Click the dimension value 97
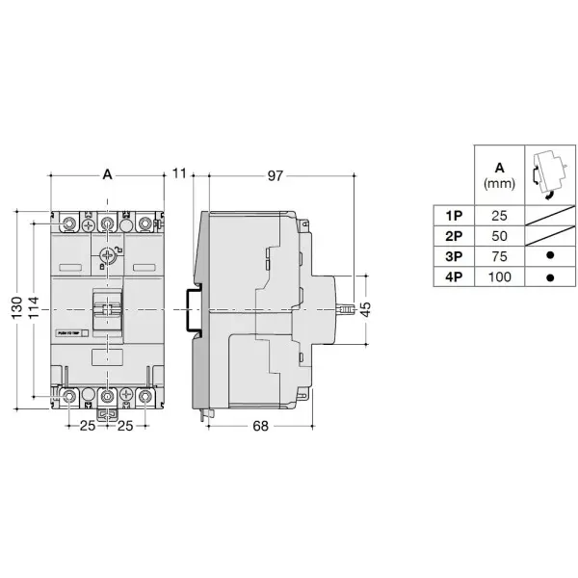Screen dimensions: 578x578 point(275,174)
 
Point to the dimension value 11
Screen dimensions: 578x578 point(178,174)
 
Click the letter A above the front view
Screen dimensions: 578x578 point(107,174)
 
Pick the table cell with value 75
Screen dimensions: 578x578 point(499,256)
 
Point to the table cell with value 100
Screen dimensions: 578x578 point(499,277)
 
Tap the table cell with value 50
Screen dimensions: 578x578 point(499,236)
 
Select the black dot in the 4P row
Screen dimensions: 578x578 point(550,277)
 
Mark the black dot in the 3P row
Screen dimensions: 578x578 point(550,256)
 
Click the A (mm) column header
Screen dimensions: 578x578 point(499,173)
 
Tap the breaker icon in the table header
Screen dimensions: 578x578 point(549,173)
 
